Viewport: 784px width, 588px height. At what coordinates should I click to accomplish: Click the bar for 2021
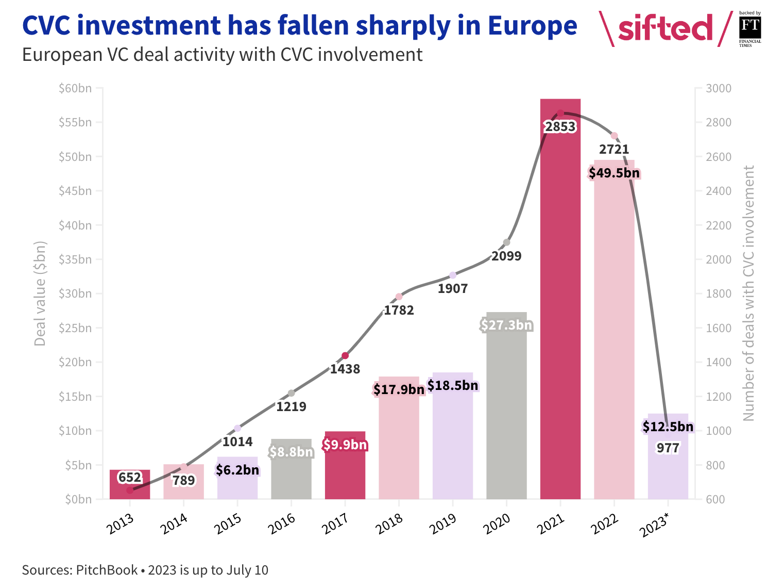(560, 309)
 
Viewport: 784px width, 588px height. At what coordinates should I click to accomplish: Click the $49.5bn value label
(614, 173)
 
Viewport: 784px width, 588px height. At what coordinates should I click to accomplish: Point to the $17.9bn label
(399, 389)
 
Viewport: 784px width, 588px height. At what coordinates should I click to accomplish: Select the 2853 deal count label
(560, 127)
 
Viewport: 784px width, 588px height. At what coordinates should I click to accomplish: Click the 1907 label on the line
(453, 288)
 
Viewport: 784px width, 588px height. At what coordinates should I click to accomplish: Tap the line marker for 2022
(614, 136)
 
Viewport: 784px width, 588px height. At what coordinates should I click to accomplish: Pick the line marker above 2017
(345, 356)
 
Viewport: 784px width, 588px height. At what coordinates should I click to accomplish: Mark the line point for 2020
(506, 242)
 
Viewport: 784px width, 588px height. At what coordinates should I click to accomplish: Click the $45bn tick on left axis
(75, 191)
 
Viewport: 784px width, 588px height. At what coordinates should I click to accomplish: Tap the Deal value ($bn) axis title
(40, 293)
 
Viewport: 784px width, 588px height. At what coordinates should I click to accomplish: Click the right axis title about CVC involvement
(748, 293)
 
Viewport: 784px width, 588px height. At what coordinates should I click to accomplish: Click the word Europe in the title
(532, 26)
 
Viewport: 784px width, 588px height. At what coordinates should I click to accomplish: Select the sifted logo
(665, 28)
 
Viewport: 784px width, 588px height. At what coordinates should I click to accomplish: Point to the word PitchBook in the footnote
(107, 570)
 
